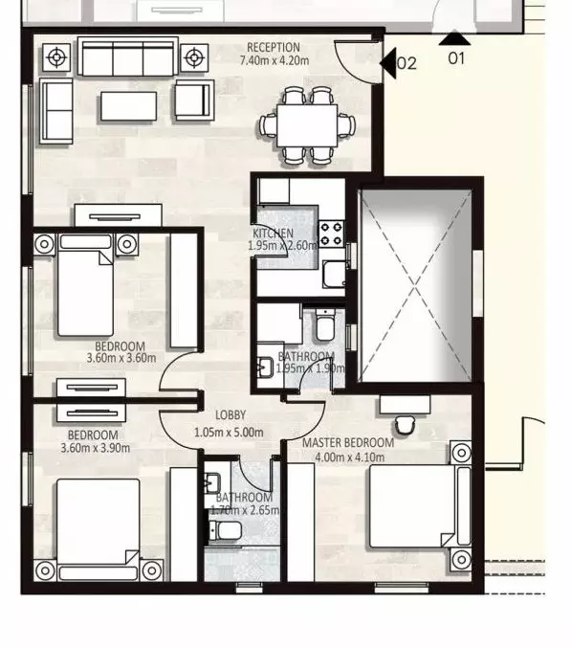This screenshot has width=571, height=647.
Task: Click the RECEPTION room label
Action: click(x=274, y=47)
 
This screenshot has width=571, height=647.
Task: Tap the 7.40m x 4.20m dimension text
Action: click(x=274, y=59)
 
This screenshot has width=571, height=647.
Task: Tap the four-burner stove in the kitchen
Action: click(x=331, y=233)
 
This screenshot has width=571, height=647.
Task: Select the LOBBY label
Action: click(x=231, y=415)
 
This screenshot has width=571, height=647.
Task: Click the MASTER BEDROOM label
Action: click(x=348, y=443)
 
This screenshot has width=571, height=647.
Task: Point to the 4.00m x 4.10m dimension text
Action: click(x=348, y=457)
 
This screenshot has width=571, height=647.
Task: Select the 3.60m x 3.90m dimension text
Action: click(x=93, y=446)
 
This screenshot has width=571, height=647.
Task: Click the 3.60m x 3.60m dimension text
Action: click(x=120, y=359)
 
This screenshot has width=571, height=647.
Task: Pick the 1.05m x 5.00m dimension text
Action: click(x=228, y=432)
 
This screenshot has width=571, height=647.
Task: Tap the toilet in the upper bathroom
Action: click(x=323, y=327)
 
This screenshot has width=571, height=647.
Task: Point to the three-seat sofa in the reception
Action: click(x=129, y=57)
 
